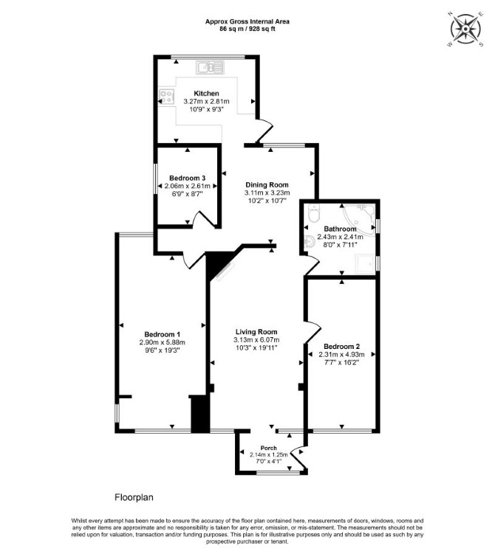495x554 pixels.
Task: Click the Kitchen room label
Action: coord(206,94)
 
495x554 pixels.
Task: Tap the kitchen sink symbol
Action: coord(211,67)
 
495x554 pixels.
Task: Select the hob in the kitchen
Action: coord(167,97)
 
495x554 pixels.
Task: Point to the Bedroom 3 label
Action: coord(187,178)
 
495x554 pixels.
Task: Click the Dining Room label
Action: coord(267,184)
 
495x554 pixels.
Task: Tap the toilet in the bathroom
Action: coord(314,212)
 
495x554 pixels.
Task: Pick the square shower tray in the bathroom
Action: coord(365,263)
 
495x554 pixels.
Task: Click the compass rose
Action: coord(465,29)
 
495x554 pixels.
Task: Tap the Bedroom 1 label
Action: coord(163,334)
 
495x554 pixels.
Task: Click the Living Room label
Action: coord(256,332)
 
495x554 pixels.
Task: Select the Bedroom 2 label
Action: coord(342,346)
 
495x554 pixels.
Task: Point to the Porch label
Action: coord(269,448)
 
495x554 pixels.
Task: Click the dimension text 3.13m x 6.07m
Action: coord(256,340)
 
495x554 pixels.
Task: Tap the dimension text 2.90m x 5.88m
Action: coord(163,342)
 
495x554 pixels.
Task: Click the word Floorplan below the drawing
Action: coord(134,497)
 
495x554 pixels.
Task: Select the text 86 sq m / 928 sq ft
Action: coord(247,30)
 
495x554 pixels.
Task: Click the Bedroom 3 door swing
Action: coord(204,219)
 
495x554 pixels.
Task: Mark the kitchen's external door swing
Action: coord(264,131)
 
